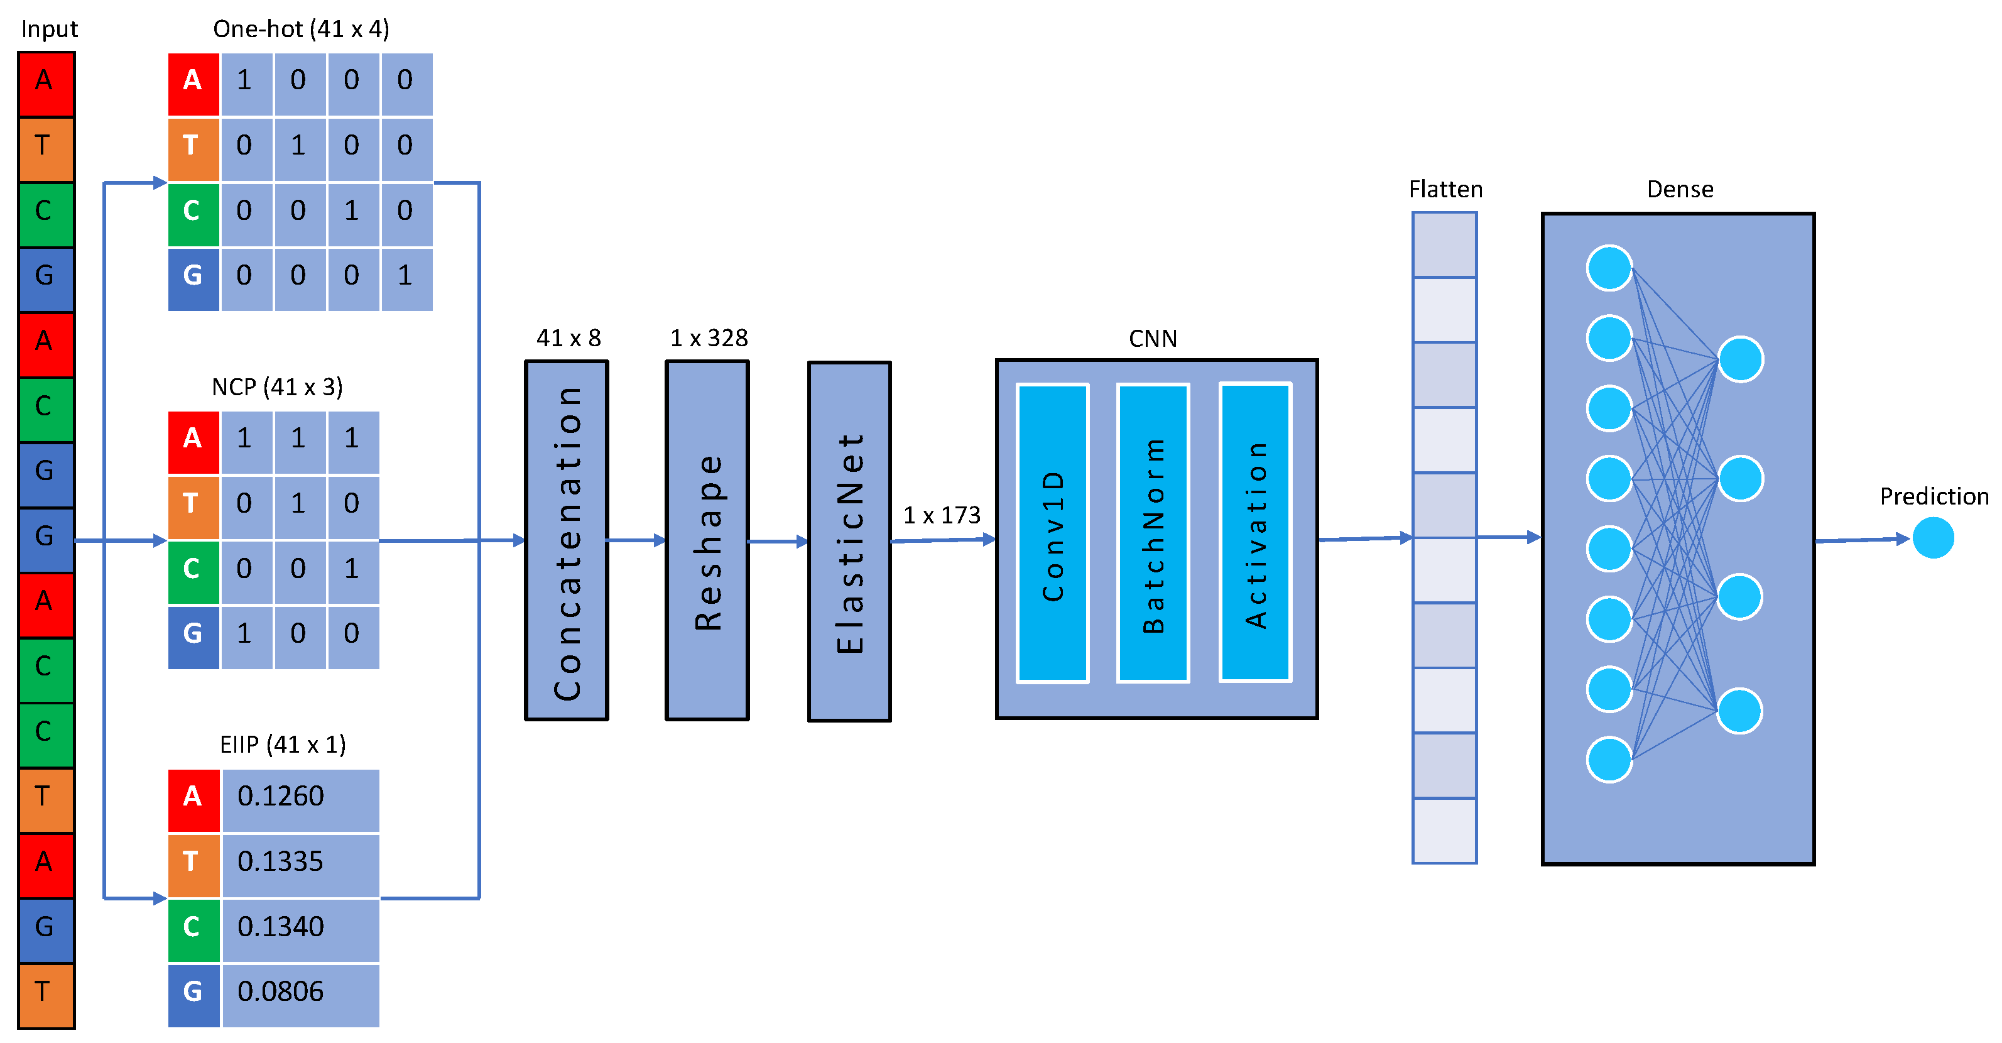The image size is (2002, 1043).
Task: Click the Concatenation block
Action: pos(567,540)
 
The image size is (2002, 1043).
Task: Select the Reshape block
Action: pos(707,540)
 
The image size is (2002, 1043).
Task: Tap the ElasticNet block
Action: pos(849,542)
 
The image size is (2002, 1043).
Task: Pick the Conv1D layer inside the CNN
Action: pos(1052,534)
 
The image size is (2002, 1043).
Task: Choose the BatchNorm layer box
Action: pos(1153,534)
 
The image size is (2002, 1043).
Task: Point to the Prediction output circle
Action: pos(1933,538)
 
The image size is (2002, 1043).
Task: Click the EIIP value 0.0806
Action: pos(281,991)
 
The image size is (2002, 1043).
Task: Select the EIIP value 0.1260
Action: pos(281,797)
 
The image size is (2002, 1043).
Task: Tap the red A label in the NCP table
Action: pos(193,439)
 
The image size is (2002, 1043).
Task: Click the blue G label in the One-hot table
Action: pos(193,276)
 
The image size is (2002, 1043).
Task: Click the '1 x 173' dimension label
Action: pos(941,515)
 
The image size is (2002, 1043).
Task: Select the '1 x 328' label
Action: pos(709,338)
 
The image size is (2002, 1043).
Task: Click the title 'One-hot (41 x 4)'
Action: pos(301,30)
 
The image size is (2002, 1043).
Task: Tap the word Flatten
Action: pos(1445,190)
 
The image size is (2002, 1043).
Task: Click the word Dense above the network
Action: pos(1680,190)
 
